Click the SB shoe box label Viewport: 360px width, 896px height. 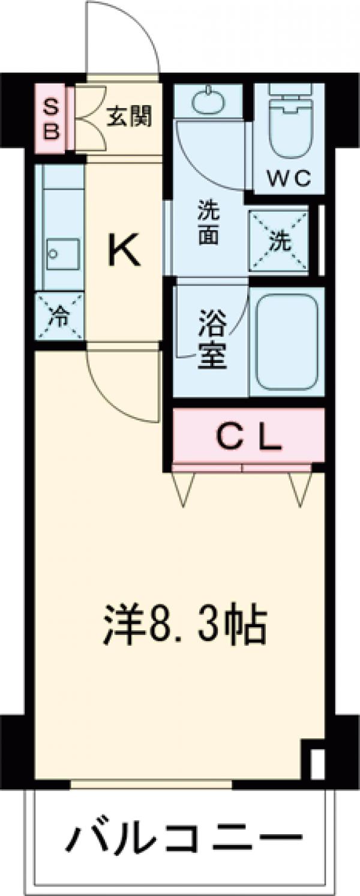pos(52,119)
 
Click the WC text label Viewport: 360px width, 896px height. pos(289,178)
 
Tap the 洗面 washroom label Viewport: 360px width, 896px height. pos(208,224)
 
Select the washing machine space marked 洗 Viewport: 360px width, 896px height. pos(279,241)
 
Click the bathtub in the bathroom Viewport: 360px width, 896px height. pos(286,343)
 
